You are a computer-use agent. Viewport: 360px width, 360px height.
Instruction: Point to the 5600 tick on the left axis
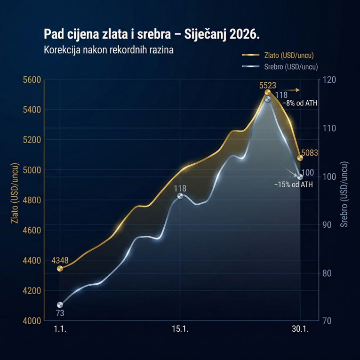pyautogui.click(x=32, y=80)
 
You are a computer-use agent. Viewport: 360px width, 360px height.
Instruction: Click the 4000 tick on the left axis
pyautogui.click(x=32, y=321)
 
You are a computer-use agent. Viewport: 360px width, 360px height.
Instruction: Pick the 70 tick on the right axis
pyautogui.click(x=328, y=321)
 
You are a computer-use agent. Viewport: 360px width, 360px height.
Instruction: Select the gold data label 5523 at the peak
pyautogui.click(x=267, y=86)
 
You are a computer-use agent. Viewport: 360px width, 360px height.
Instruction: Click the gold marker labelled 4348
pyautogui.click(x=60, y=269)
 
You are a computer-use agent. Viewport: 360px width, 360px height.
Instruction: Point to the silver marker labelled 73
pyautogui.click(x=60, y=305)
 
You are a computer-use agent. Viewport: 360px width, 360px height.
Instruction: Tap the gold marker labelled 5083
pyautogui.click(x=300, y=157)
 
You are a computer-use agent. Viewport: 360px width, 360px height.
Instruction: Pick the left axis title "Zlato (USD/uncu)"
pyautogui.click(x=16, y=200)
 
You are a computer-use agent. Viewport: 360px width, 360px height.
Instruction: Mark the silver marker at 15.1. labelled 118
pyautogui.click(x=180, y=196)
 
